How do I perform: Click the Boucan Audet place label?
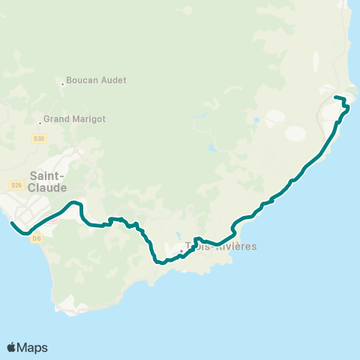pyautogui.click(x=96, y=80)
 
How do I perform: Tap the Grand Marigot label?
pyautogui.click(x=74, y=118)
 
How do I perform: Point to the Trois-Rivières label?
pyautogui.click(x=221, y=246)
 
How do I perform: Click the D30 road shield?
pyautogui.click(x=39, y=139)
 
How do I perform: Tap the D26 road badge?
pyautogui.click(x=16, y=185)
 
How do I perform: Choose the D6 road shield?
pyautogui.click(x=37, y=238)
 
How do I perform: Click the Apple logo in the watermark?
pyautogui.click(x=12, y=347)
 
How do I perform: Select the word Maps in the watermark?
pyautogui.click(x=32, y=347)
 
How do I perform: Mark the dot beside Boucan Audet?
pyautogui.click(x=62, y=84)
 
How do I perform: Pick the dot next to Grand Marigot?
pyautogui.click(x=40, y=123)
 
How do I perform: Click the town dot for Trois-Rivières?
pyautogui.click(x=181, y=251)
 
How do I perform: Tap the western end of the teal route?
pyautogui.click(x=11, y=223)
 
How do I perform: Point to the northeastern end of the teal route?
pyautogui.click(x=334, y=97)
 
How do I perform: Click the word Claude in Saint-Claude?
pyautogui.click(x=49, y=187)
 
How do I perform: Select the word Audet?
pyautogui.click(x=114, y=80)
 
